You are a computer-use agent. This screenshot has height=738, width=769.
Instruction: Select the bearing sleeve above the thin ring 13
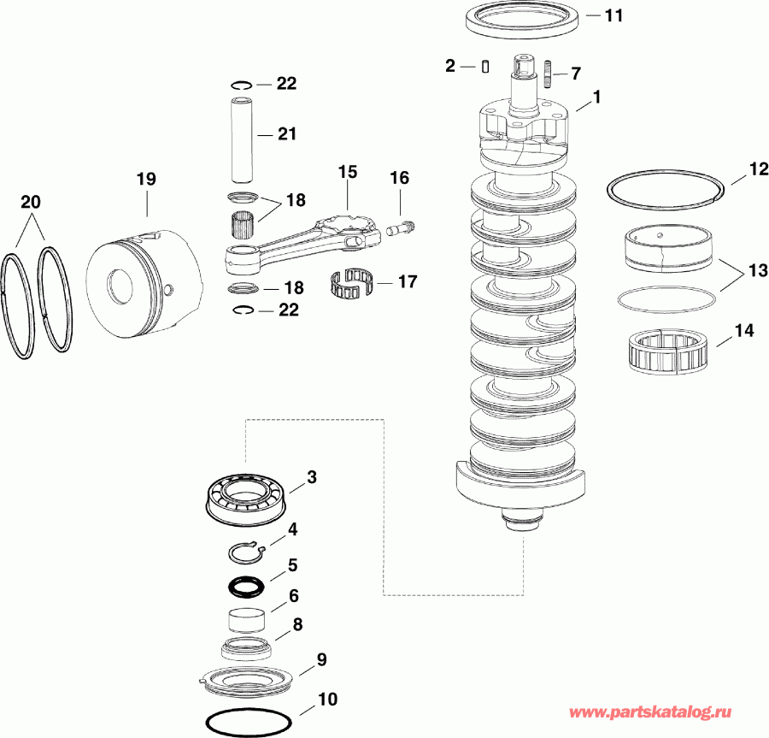pyautogui.click(x=665, y=249)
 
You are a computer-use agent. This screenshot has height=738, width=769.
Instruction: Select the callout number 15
pyautogui.click(x=348, y=172)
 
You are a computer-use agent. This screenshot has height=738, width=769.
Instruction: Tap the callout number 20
pyautogui.click(x=31, y=203)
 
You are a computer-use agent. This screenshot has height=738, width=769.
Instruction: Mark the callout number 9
pyautogui.click(x=321, y=659)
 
